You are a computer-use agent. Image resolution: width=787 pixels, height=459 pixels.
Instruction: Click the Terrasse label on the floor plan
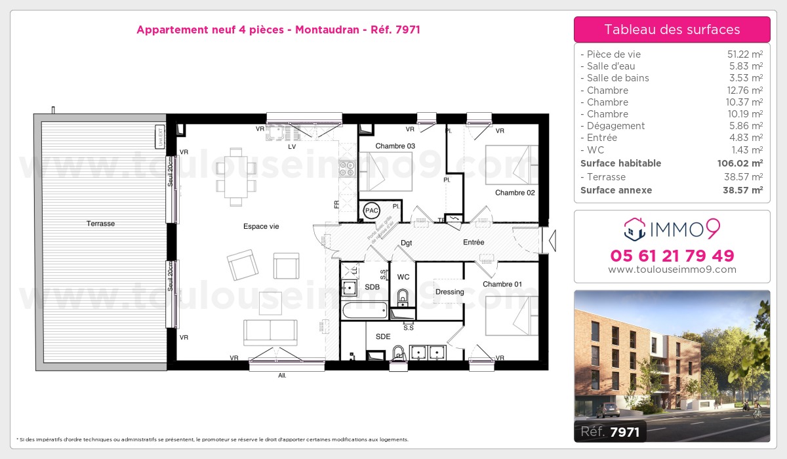coord(100,224)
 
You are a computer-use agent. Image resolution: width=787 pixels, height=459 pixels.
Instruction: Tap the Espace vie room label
coord(261,226)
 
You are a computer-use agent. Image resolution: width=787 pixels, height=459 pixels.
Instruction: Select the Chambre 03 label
coord(395,146)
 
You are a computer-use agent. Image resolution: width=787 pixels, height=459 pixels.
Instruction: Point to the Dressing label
coord(449,292)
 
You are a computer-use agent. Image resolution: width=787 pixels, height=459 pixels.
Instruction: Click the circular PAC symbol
coord(372,210)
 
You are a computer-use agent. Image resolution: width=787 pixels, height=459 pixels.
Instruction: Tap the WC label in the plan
coord(403,277)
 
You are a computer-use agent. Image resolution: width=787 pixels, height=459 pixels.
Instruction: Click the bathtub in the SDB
coord(366,309)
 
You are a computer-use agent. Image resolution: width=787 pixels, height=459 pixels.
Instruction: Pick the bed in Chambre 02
coord(511,165)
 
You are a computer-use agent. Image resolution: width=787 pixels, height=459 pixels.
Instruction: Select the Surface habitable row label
coord(620,163)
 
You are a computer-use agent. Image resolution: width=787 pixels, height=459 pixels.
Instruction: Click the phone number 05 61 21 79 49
coord(672,256)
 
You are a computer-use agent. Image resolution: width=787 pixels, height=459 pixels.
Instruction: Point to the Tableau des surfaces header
coord(672,30)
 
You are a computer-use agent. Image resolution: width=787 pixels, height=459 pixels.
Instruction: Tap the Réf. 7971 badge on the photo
coord(609,431)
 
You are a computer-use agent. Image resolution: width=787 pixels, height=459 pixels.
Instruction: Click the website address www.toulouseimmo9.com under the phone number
coord(672,269)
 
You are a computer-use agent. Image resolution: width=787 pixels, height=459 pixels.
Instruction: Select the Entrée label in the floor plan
coord(474,242)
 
